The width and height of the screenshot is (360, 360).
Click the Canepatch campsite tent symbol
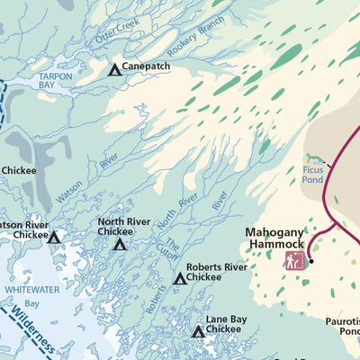tap(114, 69)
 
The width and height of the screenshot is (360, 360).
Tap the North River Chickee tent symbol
tap(120, 244)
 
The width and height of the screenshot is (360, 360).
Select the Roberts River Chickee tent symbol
tap(179, 279)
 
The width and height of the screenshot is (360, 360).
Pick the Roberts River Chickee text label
tap(216, 272)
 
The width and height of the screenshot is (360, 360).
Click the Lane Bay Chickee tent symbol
tap(197, 332)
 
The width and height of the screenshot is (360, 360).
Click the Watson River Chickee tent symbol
tap(53, 238)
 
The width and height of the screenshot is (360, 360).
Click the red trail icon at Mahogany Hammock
tap(293, 261)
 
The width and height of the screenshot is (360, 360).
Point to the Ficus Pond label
tap(312, 174)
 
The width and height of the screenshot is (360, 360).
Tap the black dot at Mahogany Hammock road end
tap(310, 262)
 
